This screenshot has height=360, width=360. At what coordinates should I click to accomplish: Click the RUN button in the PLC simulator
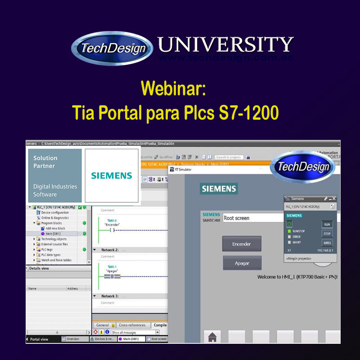[x=327, y=224]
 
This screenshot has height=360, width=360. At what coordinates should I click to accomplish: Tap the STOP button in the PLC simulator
[x=327, y=234]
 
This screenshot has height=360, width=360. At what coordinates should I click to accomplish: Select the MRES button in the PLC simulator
[x=327, y=243]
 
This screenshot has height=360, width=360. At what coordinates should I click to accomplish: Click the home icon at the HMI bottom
[x=212, y=337]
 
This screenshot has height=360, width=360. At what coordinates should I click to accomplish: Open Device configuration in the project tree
[x=55, y=212]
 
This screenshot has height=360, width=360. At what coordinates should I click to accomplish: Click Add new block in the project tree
[x=55, y=229]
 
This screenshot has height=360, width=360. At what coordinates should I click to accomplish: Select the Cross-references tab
[x=132, y=325]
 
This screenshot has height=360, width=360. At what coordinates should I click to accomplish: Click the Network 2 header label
[x=110, y=250]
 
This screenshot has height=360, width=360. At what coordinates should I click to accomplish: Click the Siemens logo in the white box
[x=112, y=175]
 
